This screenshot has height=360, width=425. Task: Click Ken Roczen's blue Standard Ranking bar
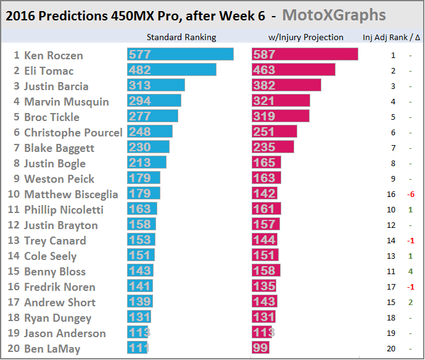[x=180, y=55]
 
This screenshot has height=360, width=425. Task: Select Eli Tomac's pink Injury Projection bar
[x=293, y=70]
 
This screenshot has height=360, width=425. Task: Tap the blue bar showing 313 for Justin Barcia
[x=156, y=86]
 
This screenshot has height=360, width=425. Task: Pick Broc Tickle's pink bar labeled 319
[x=281, y=117]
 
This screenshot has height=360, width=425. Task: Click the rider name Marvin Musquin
[x=66, y=101]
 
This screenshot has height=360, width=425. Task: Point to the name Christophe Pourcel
[x=73, y=132]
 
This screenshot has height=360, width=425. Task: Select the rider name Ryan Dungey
[x=57, y=318]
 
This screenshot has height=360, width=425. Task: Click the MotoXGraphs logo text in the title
[x=334, y=15]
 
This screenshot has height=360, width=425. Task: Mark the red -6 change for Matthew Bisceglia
[x=410, y=195]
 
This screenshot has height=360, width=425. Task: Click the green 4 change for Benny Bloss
[x=410, y=272]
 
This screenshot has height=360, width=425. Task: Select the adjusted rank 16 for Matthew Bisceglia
[x=393, y=195]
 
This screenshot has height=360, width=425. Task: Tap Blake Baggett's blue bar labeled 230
[x=148, y=148]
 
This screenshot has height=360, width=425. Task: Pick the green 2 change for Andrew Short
[x=410, y=303]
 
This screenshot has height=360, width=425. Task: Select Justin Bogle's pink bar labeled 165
[x=266, y=163]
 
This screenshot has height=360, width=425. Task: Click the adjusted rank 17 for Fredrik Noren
[x=393, y=287]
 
